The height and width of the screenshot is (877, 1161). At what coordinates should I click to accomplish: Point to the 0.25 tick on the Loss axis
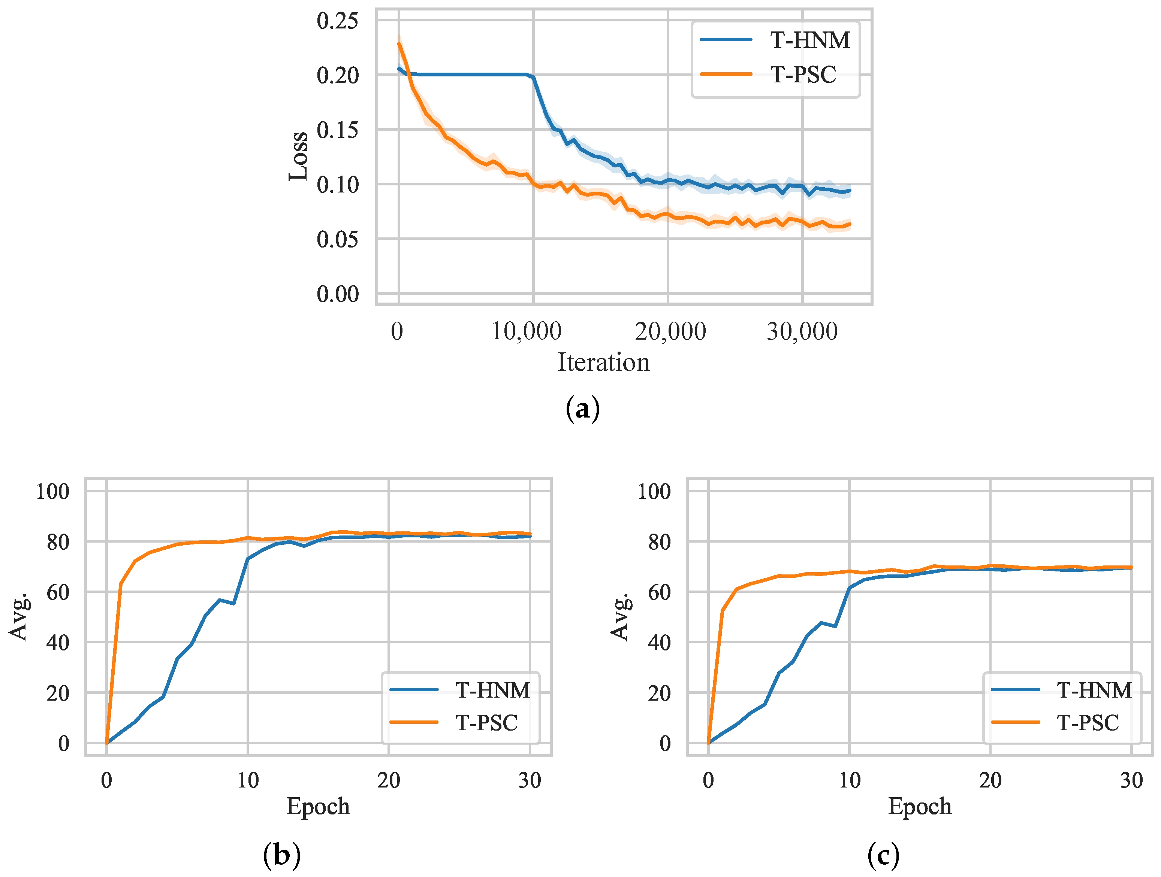338,21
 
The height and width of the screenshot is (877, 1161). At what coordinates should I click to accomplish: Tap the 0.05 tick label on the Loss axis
338,239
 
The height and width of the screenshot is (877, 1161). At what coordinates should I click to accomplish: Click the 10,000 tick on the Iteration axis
527,331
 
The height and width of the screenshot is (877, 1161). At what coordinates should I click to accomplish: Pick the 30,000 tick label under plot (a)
802,331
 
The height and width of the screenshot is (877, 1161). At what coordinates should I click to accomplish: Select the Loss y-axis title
298,156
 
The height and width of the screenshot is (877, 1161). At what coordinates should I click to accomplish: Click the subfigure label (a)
583,409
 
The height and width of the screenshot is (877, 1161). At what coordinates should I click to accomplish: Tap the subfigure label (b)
282,855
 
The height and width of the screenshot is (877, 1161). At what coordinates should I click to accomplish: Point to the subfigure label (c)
883,855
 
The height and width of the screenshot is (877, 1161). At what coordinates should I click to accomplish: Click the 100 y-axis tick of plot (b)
52,491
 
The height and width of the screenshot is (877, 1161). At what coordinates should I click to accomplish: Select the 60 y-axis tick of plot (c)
659,592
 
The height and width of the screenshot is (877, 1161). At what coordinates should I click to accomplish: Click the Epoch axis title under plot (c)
920,806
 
